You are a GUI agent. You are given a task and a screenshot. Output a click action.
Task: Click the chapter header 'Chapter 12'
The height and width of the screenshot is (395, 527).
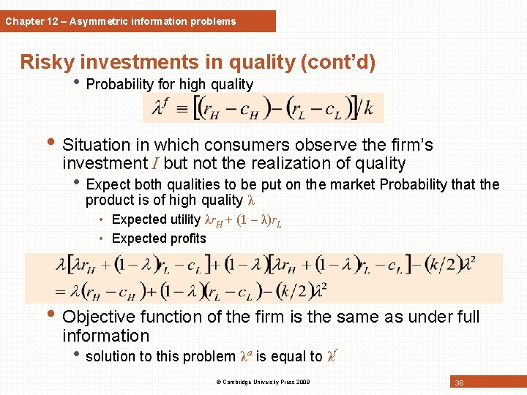(x=30, y=21)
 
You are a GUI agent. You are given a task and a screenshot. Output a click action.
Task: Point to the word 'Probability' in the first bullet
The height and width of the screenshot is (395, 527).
(x=116, y=84)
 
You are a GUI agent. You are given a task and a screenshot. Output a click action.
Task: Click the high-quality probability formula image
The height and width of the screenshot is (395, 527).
(x=263, y=108)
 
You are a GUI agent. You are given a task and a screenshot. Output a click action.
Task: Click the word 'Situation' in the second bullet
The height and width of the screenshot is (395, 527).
(x=97, y=145)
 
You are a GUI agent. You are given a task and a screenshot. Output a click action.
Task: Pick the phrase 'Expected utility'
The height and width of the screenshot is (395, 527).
(x=156, y=219)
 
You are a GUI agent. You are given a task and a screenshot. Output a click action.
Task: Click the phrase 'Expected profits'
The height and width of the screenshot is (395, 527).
(x=159, y=238)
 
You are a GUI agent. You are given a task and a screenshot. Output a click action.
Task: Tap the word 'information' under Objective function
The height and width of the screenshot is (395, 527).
(x=105, y=336)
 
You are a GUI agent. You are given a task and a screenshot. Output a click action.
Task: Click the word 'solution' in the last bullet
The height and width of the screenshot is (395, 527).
(x=111, y=356)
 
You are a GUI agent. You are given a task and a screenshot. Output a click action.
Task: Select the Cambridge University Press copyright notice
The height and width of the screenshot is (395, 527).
(x=263, y=382)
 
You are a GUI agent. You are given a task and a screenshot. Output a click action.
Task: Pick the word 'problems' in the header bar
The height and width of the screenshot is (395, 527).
(x=212, y=21)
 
